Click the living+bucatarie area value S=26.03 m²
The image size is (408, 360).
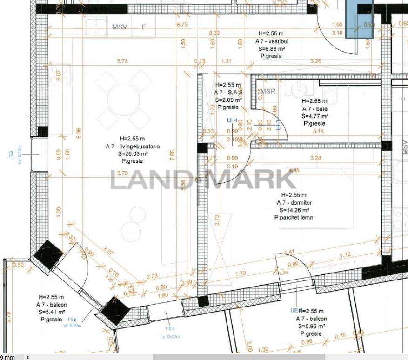tap(132, 153)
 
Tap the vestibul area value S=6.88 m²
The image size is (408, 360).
tap(272, 48)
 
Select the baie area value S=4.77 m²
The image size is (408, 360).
tap(315, 116)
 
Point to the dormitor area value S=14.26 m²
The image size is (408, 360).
tap(294, 210)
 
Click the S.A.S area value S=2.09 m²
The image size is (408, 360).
tap(228, 100)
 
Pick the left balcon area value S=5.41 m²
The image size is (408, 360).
tap(51, 312)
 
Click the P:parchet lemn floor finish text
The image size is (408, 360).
tap(294, 218)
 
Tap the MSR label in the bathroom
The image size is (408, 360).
tap(268, 92)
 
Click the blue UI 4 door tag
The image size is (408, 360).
tap(232, 120)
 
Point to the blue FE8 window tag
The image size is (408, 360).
tap(72, 320)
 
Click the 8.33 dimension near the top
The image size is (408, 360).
tap(214, 33)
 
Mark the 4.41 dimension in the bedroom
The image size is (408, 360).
tap(288, 253)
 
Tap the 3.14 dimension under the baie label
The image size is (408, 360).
tap(318, 132)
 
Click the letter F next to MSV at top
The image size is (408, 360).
tap(144, 27)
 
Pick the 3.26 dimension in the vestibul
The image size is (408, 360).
tap(315, 61)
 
